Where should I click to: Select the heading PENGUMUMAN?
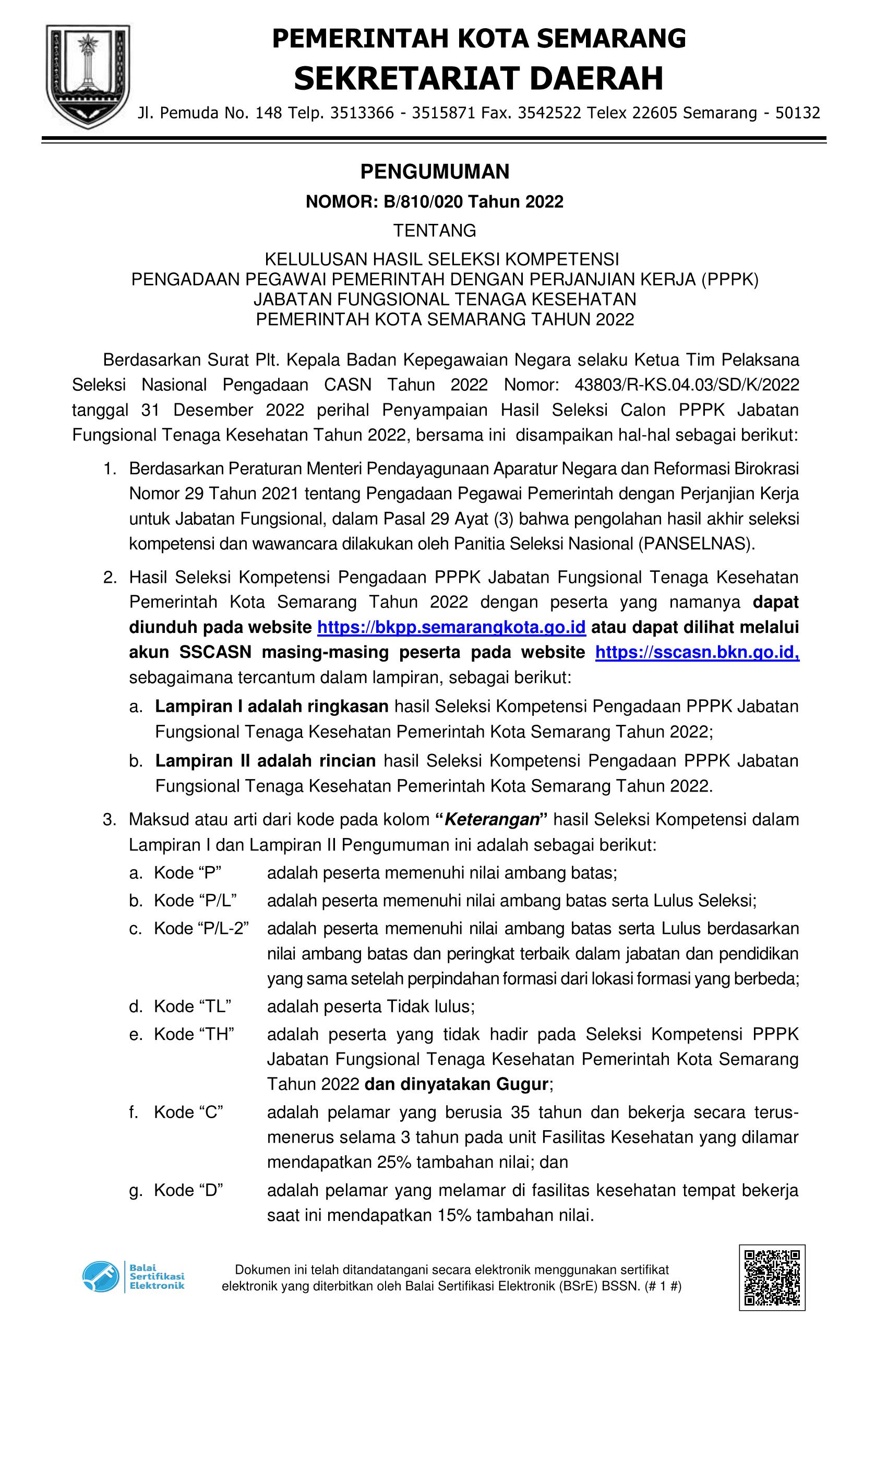tap(435, 172)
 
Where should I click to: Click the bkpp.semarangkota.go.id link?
tap(452, 627)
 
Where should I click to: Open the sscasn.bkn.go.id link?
tap(697, 652)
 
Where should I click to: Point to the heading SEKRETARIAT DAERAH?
tap(478, 79)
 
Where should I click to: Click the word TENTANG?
tap(435, 230)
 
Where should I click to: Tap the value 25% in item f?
tap(394, 1162)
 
